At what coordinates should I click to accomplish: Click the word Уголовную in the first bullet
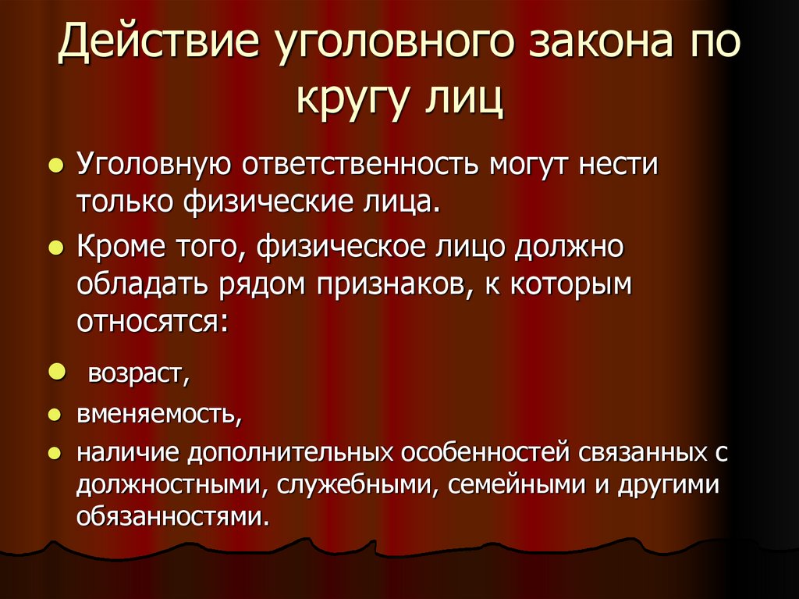point(152,166)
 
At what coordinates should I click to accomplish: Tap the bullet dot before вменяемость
point(56,415)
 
